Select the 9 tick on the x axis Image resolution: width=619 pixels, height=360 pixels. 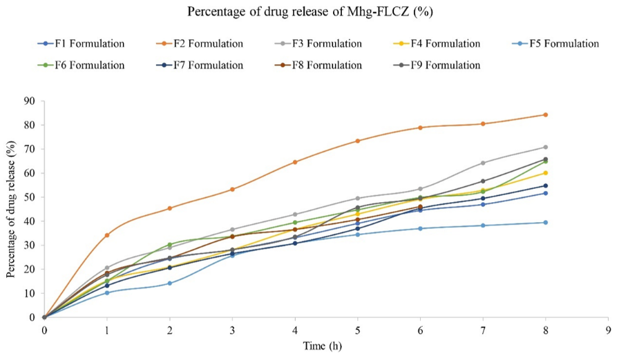pos(608,330)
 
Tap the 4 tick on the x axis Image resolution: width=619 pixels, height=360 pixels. pos(295,330)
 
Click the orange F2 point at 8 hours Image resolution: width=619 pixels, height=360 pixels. pos(546,115)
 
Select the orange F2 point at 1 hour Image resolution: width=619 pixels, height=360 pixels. pos(106,235)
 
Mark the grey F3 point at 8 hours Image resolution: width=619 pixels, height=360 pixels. pos(546,147)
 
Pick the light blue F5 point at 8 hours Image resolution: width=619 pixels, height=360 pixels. pos(546,222)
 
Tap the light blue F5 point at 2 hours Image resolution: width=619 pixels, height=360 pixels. pos(169,283)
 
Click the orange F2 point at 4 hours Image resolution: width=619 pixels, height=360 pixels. pos(295,162)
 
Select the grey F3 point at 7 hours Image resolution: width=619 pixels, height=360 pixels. pos(483,163)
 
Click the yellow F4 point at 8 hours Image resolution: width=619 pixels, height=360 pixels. pos(546,173)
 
